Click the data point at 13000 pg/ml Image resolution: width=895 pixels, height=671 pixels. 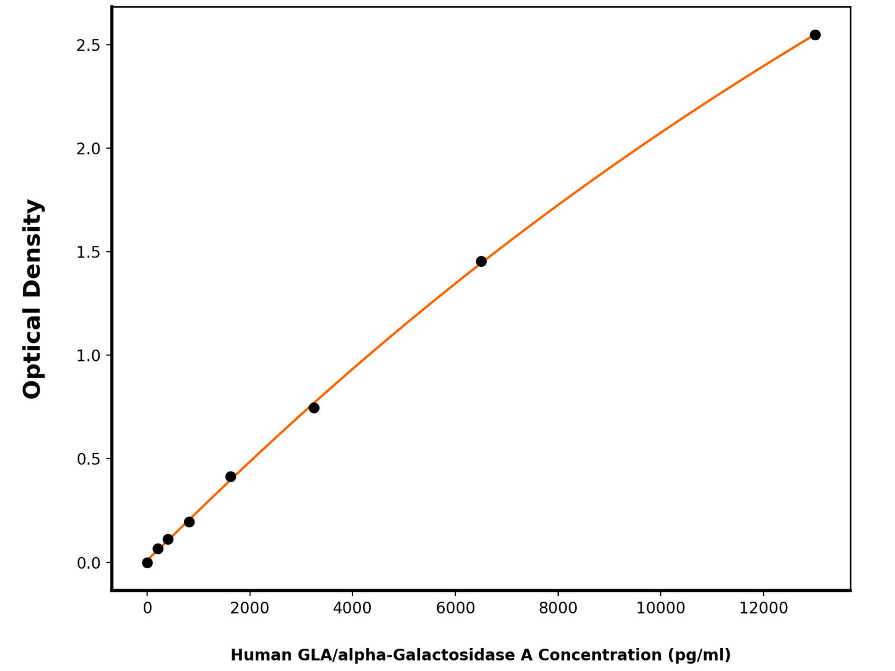point(815,35)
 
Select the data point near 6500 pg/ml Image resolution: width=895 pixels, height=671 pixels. point(481,261)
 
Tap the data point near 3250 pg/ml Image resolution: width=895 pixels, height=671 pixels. point(314,407)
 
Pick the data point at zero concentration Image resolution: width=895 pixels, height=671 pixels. point(147,563)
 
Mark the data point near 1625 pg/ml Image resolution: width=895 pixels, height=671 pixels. point(231,477)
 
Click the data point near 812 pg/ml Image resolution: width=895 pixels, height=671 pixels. point(190,522)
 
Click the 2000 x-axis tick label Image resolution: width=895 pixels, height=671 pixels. point(250,608)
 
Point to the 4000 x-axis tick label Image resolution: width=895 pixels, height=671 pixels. point(352,608)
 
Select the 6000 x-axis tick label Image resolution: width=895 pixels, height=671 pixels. point(455,608)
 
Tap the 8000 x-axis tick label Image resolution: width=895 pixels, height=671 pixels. point(558,608)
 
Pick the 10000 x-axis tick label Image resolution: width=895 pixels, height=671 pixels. point(661,608)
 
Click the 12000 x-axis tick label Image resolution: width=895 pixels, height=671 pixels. point(764,608)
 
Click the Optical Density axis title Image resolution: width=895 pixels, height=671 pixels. point(32,299)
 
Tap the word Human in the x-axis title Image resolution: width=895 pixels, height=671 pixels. point(261,655)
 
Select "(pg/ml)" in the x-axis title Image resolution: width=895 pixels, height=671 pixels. point(699,655)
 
